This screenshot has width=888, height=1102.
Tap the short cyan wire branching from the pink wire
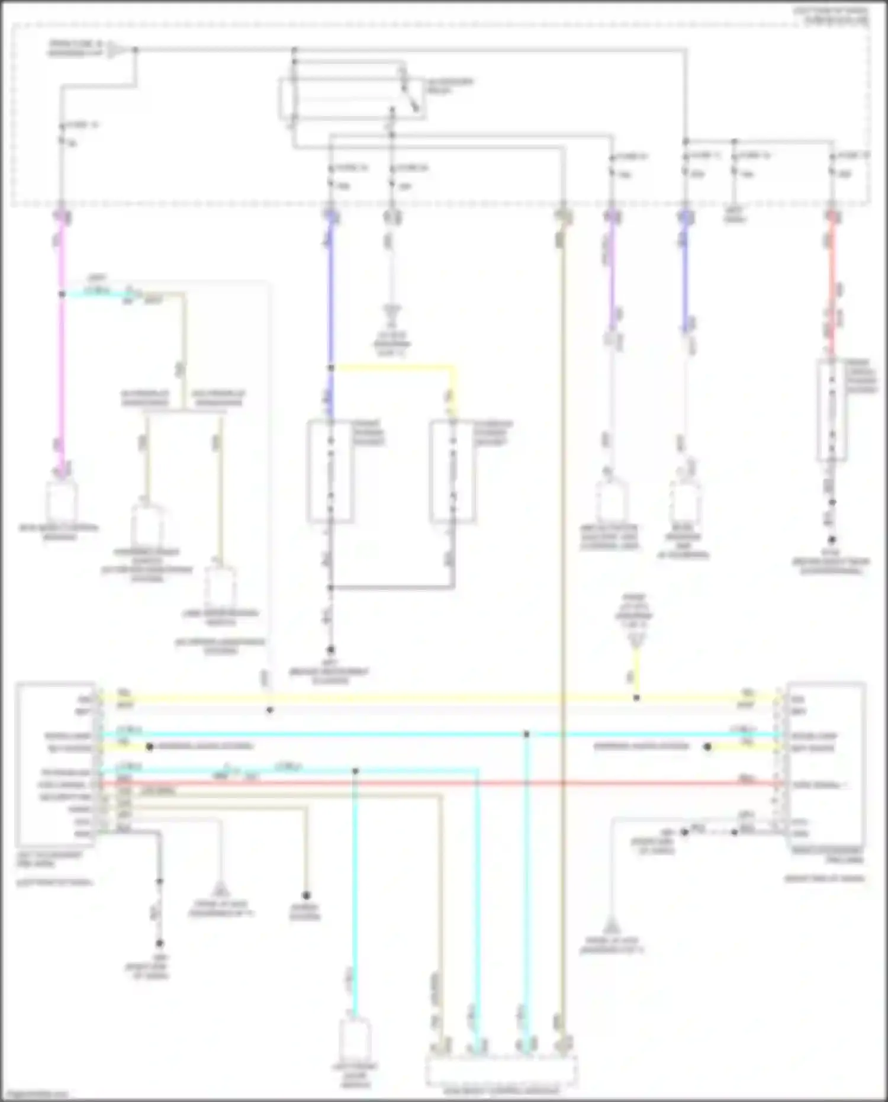point(98,294)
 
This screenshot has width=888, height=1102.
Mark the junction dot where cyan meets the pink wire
point(62,294)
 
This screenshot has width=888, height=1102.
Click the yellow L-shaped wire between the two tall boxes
point(403,368)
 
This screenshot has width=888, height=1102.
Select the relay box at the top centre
point(352,98)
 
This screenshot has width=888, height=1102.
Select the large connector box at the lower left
point(56,764)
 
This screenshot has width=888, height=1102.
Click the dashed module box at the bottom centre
point(501,1068)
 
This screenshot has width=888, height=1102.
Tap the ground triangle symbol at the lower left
point(220,888)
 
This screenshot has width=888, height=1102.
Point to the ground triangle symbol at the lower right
point(611,924)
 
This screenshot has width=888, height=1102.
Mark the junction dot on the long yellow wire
point(636,698)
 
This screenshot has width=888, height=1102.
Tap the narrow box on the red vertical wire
point(831,409)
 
